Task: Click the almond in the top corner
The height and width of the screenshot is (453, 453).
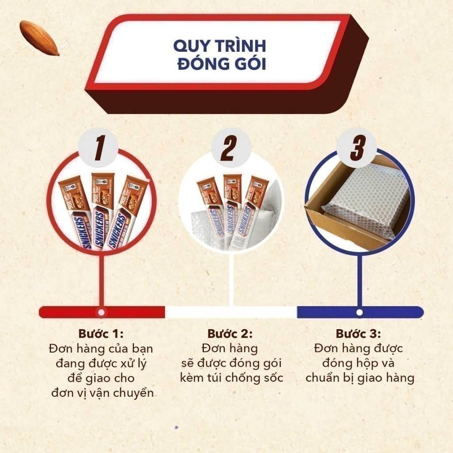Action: point(39,38)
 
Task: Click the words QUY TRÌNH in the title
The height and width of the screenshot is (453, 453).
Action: point(219,46)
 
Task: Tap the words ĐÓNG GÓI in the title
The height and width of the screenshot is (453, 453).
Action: point(222,64)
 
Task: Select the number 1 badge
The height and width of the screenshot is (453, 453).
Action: point(99,148)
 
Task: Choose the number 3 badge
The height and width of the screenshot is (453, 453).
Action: point(357,148)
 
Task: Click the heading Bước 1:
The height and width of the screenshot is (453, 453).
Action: point(101,334)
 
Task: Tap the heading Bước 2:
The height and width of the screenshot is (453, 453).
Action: point(230,334)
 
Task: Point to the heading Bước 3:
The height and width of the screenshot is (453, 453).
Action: point(358,334)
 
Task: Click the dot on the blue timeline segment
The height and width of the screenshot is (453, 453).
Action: point(359,312)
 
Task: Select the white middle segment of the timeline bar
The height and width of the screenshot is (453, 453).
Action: point(231,312)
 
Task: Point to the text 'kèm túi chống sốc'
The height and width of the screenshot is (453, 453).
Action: point(231,378)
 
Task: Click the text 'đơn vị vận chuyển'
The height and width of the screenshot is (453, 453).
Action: point(102,393)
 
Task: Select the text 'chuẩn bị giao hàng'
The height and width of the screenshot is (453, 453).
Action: point(360,378)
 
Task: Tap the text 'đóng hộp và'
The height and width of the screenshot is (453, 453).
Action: point(358,363)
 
